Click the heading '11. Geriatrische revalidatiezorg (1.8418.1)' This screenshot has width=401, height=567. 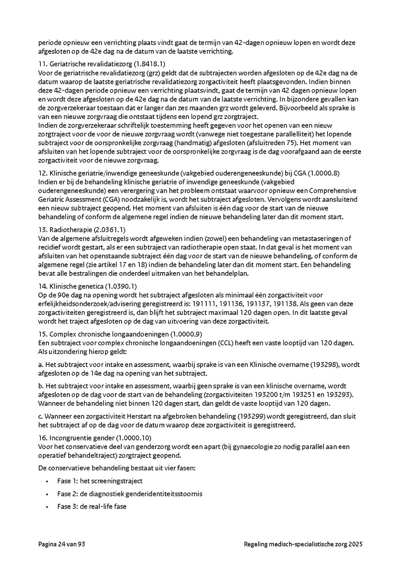coord(102,64)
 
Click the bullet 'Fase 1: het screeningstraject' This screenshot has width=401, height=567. coord(100,481)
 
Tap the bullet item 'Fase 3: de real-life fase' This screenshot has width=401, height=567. coord(92,506)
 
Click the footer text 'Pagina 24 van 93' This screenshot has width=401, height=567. coord(61,544)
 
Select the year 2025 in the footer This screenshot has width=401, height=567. coord(356,544)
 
